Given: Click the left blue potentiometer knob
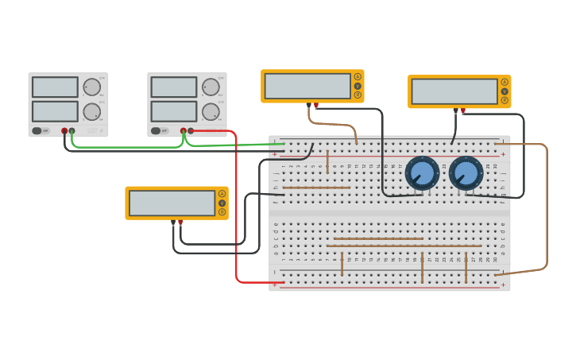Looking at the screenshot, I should [422, 173].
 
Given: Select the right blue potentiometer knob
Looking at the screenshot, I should [466, 173].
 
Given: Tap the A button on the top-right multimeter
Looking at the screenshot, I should [504, 82].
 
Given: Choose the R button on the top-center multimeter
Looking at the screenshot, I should [358, 95].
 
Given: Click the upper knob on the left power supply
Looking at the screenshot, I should [92, 87].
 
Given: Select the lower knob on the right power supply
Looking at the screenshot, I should [211, 111].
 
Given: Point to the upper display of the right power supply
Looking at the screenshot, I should [174, 87].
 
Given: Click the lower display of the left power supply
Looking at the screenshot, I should [55, 111].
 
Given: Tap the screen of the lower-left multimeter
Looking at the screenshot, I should [172, 203].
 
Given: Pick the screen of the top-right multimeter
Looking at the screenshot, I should [454, 91].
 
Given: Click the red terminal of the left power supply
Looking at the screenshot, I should [64, 131].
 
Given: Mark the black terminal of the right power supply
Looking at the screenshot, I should [190, 131].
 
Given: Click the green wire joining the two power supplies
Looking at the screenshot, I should [127, 147].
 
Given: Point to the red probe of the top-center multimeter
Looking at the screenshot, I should [316, 106].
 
